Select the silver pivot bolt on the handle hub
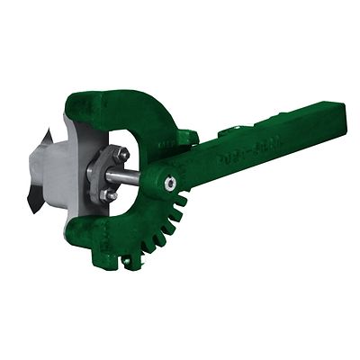pyautogui.click(x=169, y=184)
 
